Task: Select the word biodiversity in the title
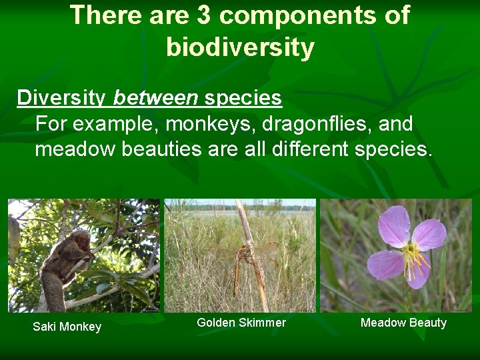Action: (x=240, y=47)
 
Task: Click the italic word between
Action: (x=156, y=98)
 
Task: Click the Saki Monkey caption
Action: (x=67, y=327)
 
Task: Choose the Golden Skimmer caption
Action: (x=241, y=323)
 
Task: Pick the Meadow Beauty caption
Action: (x=403, y=323)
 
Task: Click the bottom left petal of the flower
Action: (x=385, y=265)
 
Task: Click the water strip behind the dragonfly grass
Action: (x=267, y=213)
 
